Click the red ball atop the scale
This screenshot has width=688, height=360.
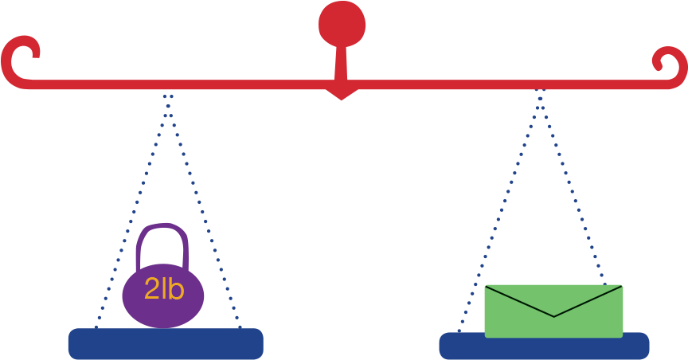(342, 25)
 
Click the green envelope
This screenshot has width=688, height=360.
(553, 311)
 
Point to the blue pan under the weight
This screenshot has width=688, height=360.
(166, 344)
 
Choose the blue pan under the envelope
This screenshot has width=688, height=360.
(544, 346)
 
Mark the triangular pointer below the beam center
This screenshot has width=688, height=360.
(342, 94)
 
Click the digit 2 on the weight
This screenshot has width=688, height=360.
(151, 289)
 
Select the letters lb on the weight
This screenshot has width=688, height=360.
(173, 289)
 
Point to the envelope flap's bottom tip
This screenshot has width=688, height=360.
(553, 316)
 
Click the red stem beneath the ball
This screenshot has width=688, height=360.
(341, 64)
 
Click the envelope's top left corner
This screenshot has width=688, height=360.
(485, 286)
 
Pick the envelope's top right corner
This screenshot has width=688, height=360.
(622, 286)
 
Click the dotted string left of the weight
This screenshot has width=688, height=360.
(131, 212)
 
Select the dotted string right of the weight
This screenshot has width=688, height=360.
(204, 212)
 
